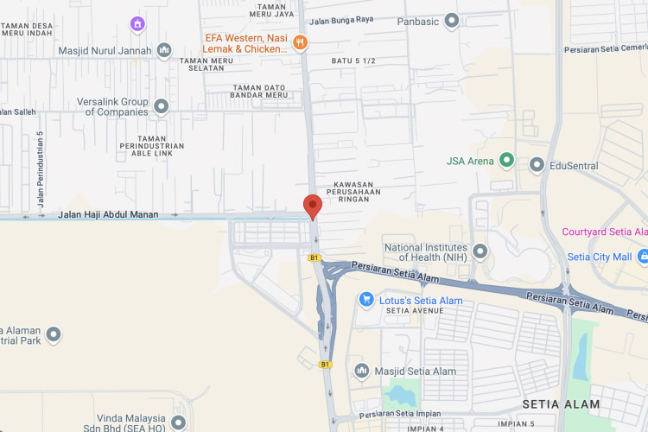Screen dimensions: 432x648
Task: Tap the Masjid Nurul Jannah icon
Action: coord(164,50)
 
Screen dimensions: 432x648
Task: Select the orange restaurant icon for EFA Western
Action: coord(300,42)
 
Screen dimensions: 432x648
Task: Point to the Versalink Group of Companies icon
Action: coord(161,106)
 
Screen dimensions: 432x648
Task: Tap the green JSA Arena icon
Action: coord(507,161)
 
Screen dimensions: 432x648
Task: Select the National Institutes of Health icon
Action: coord(480,251)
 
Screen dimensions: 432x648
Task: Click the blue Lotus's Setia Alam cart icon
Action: coord(366,300)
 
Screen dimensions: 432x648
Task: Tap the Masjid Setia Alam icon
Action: coord(362,371)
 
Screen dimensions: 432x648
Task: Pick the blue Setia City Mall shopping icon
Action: coord(642,257)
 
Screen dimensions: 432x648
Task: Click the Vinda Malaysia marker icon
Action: coord(178,422)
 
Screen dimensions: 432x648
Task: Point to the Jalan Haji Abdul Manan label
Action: coord(108,214)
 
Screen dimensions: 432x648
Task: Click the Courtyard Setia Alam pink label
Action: coord(604,232)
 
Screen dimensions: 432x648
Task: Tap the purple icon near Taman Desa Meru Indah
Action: coord(137,23)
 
